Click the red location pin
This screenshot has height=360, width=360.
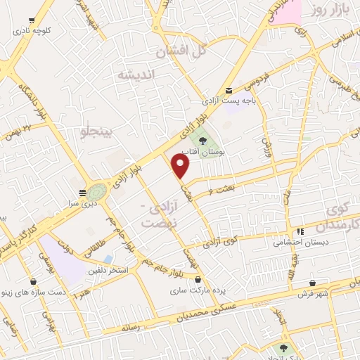(181, 166)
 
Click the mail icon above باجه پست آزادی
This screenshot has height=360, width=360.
(229, 90)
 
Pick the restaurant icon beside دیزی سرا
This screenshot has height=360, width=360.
(83, 192)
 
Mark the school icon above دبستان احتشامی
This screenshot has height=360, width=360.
(300, 231)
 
